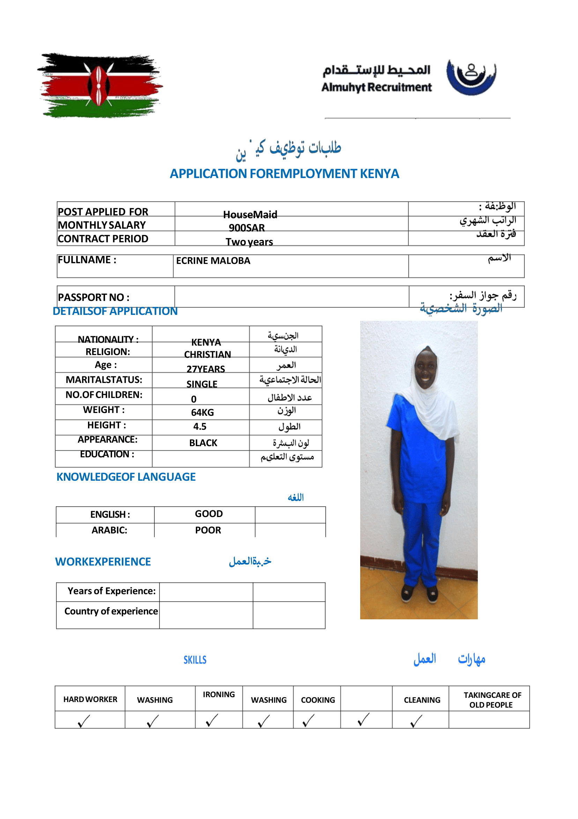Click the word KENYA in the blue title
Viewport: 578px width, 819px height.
[x=379, y=174]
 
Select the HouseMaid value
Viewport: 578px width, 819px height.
[x=250, y=214]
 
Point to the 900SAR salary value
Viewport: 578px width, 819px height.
[x=246, y=228]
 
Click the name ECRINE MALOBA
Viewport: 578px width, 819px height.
[x=213, y=261]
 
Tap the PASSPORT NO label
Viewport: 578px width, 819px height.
[x=94, y=297]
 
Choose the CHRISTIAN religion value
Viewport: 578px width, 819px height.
[x=207, y=354]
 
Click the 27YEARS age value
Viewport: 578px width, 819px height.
[x=205, y=369]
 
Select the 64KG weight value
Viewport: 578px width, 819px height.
[x=202, y=412]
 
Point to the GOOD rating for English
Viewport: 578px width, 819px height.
[x=209, y=514]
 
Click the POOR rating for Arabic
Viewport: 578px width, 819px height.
[x=208, y=530]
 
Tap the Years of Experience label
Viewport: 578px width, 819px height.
[x=111, y=591]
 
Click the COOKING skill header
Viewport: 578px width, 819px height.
[x=318, y=700]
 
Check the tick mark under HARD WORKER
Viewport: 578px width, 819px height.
[x=83, y=721]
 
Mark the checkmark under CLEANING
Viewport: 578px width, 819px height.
[x=416, y=721]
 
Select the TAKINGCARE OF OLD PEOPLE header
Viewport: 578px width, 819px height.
[x=492, y=700]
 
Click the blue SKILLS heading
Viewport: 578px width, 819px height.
[x=195, y=660]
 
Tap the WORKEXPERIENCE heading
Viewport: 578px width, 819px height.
[x=103, y=562]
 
